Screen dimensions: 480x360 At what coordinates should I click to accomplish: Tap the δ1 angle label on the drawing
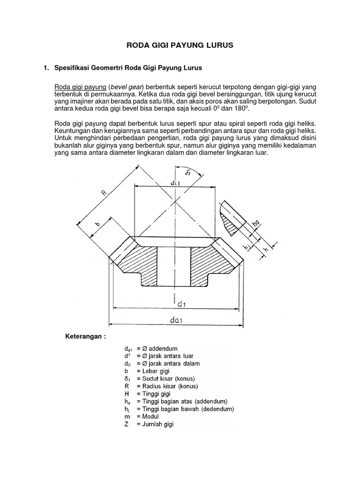(188, 172)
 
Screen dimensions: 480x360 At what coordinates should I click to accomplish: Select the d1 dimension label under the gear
(182, 304)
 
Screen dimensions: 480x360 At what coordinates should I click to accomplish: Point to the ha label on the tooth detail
(255, 225)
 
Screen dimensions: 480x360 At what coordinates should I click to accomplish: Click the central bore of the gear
(173, 265)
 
